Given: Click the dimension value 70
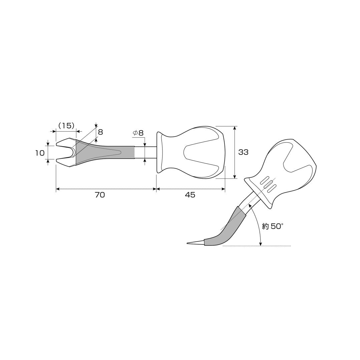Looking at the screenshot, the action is (100, 195).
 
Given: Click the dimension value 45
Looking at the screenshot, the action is (190, 195).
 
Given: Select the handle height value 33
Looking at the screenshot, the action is (243, 152).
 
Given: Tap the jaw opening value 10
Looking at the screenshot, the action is (40, 153).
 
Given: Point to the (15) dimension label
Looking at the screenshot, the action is (66, 125).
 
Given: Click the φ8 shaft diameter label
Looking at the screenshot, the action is (138, 133).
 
